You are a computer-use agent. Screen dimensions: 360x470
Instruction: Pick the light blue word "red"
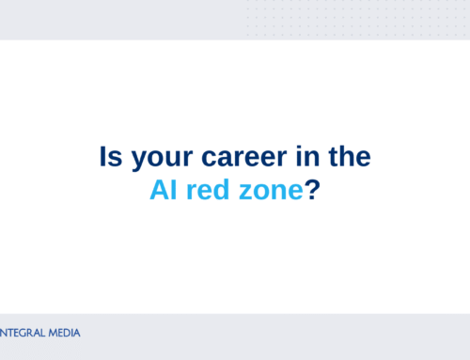click(207, 189)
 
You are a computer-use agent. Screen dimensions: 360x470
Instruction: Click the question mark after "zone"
click(314, 189)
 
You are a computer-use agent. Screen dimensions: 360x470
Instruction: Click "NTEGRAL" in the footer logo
click(22, 333)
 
